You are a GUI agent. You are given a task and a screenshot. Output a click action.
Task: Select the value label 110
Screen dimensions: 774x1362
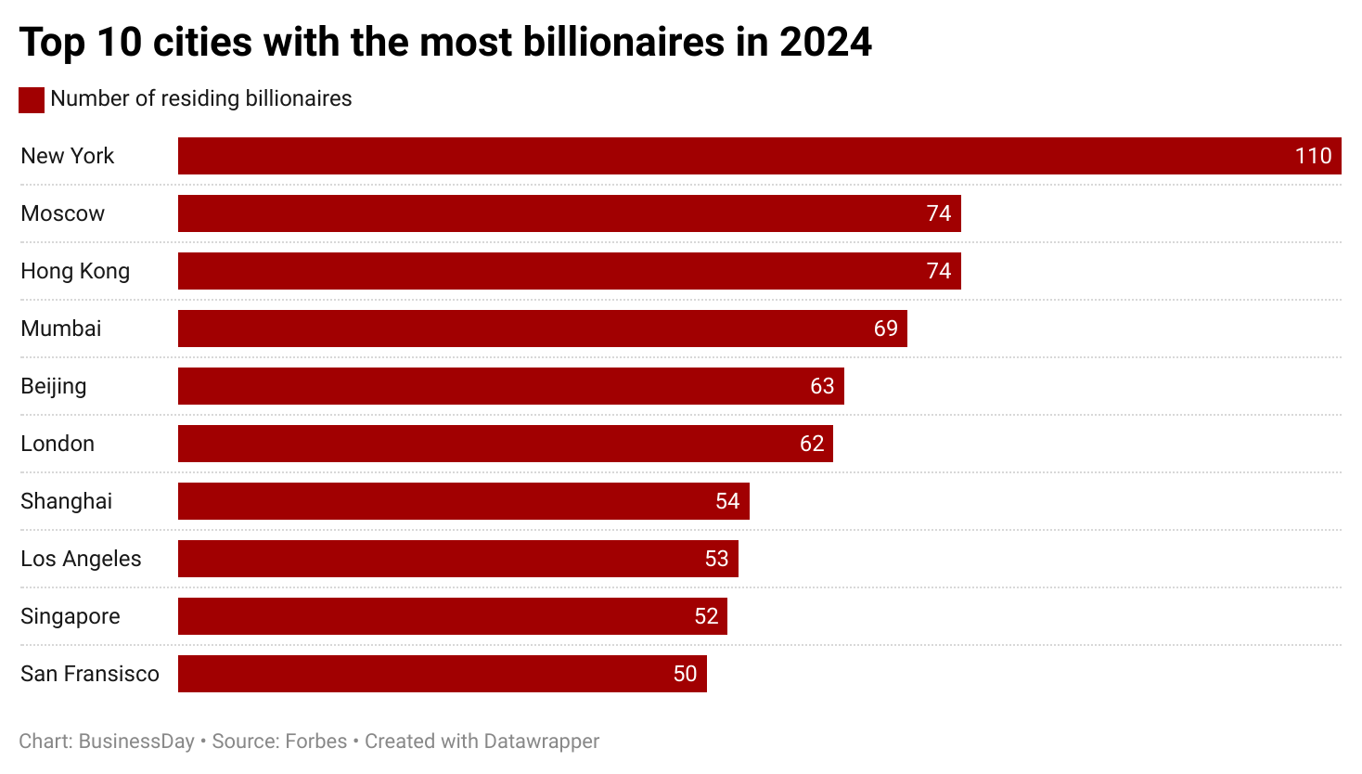coord(1313,156)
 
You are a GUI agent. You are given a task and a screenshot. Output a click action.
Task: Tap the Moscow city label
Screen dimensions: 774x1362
coord(63,213)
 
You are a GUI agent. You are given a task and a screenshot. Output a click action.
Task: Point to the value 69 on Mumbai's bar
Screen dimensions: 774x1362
coord(885,329)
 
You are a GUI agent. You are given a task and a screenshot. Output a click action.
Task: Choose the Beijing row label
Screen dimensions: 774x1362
coord(54,386)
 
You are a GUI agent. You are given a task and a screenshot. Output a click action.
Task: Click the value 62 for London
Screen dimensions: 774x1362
coord(812,444)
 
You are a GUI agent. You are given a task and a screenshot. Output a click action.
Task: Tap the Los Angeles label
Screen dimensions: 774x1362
coord(81,559)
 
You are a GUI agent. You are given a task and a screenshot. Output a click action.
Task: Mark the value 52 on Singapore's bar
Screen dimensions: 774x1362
coord(706,616)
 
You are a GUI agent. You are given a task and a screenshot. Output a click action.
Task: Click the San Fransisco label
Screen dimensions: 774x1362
coord(90,674)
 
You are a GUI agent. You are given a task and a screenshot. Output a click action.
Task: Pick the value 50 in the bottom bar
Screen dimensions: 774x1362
coord(685,674)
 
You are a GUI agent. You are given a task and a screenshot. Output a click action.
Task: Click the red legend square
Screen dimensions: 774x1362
coord(32,99)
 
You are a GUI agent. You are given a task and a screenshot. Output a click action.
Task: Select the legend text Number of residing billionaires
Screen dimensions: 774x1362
coord(201,98)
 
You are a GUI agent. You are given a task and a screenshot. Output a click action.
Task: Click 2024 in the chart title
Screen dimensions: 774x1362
coord(825,42)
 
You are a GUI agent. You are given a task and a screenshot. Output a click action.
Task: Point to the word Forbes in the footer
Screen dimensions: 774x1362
coord(315,742)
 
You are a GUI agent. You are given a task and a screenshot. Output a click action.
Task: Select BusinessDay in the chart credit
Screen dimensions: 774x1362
coord(136,742)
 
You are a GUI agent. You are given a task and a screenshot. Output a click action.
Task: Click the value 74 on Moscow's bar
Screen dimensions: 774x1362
coord(939,213)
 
